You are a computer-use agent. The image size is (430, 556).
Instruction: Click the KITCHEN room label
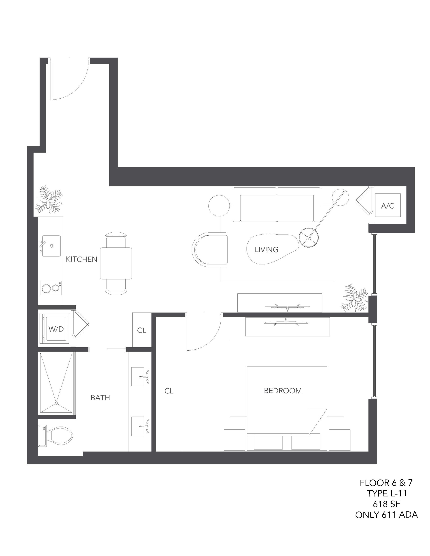tap(82, 259)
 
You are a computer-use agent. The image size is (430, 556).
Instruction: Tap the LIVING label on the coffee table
tap(266, 250)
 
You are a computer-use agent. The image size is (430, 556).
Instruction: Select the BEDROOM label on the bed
tap(283, 391)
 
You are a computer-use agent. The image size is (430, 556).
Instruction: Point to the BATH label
tap(100, 398)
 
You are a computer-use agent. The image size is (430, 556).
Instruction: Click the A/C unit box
tap(387, 205)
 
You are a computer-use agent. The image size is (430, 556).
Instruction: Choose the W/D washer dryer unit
tap(55, 329)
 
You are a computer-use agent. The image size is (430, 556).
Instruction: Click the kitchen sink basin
tap(52, 246)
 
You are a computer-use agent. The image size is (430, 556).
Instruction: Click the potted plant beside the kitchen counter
tap(48, 200)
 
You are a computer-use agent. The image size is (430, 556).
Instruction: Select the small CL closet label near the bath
tap(142, 330)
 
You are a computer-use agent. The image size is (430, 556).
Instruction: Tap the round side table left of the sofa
tap(218, 205)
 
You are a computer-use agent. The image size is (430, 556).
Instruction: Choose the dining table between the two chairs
tap(116, 263)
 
